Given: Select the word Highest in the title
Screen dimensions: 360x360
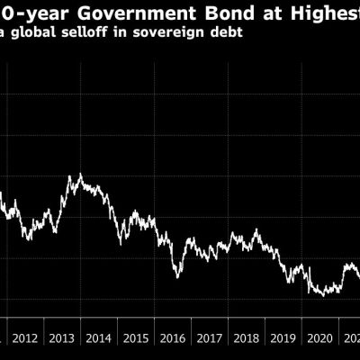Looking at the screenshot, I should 319,12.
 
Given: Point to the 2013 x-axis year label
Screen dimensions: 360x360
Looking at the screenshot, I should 63,339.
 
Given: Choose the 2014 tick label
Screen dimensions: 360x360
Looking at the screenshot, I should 99,339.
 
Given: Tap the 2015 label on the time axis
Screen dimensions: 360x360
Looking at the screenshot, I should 136,339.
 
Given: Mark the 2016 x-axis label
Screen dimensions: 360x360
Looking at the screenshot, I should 173,339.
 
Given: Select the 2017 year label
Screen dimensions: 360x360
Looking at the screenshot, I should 210,339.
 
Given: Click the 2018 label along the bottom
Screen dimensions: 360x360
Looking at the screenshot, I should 247,339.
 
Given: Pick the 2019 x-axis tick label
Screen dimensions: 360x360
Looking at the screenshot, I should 283,339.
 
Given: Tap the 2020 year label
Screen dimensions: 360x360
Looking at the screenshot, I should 320,339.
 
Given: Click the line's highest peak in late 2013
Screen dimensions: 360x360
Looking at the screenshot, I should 80,175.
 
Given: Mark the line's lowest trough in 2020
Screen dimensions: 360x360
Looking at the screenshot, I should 322,294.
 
